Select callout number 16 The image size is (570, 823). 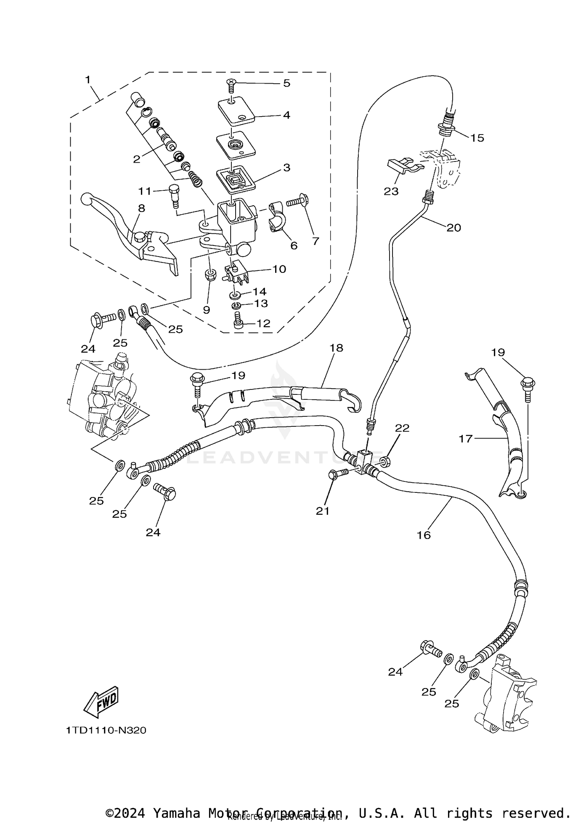(x=423, y=535)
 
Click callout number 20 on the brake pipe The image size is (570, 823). (x=453, y=228)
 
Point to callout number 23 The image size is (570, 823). (x=391, y=191)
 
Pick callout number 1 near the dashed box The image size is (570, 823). (x=88, y=80)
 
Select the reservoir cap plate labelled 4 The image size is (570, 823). (x=236, y=110)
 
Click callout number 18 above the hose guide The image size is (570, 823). (x=336, y=348)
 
